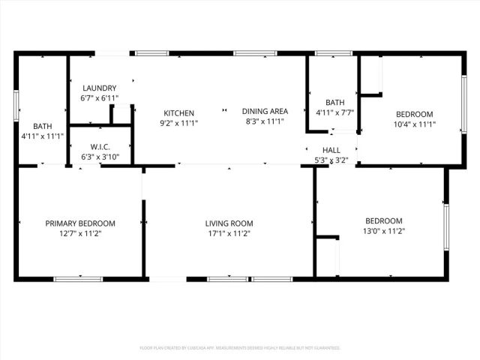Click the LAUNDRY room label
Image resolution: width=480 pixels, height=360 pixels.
click(99, 88)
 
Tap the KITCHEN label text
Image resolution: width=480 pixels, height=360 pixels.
click(179, 112)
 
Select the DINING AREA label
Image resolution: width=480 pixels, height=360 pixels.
click(265, 112)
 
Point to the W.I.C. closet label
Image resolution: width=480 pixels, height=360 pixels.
click(100, 147)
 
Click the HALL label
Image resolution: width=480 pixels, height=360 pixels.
click(331, 150)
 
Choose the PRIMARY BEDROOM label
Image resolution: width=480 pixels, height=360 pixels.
click(80, 223)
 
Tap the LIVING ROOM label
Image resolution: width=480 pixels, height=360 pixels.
click(229, 223)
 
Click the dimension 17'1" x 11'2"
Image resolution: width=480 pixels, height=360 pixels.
click(229, 233)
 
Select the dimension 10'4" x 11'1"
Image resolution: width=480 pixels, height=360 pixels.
click(415, 124)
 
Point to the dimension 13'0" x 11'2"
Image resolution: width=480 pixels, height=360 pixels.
click(383, 231)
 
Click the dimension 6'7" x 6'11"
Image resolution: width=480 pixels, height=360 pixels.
click(99, 98)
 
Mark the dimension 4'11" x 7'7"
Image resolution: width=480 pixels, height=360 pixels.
click(334, 114)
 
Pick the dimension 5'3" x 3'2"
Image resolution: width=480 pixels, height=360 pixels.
click(331, 160)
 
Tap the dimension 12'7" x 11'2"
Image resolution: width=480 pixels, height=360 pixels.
click(80, 233)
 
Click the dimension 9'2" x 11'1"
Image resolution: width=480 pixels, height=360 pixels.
click(179, 121)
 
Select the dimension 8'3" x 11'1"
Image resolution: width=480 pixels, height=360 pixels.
click(265, 121)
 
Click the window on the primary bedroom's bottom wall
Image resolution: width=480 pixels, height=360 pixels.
click(78, 279)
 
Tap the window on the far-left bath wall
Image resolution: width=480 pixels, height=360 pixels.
click(16, 104)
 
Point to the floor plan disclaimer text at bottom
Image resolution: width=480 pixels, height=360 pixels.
click(240, 348)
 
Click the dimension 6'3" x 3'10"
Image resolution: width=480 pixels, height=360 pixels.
click(100, 157)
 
